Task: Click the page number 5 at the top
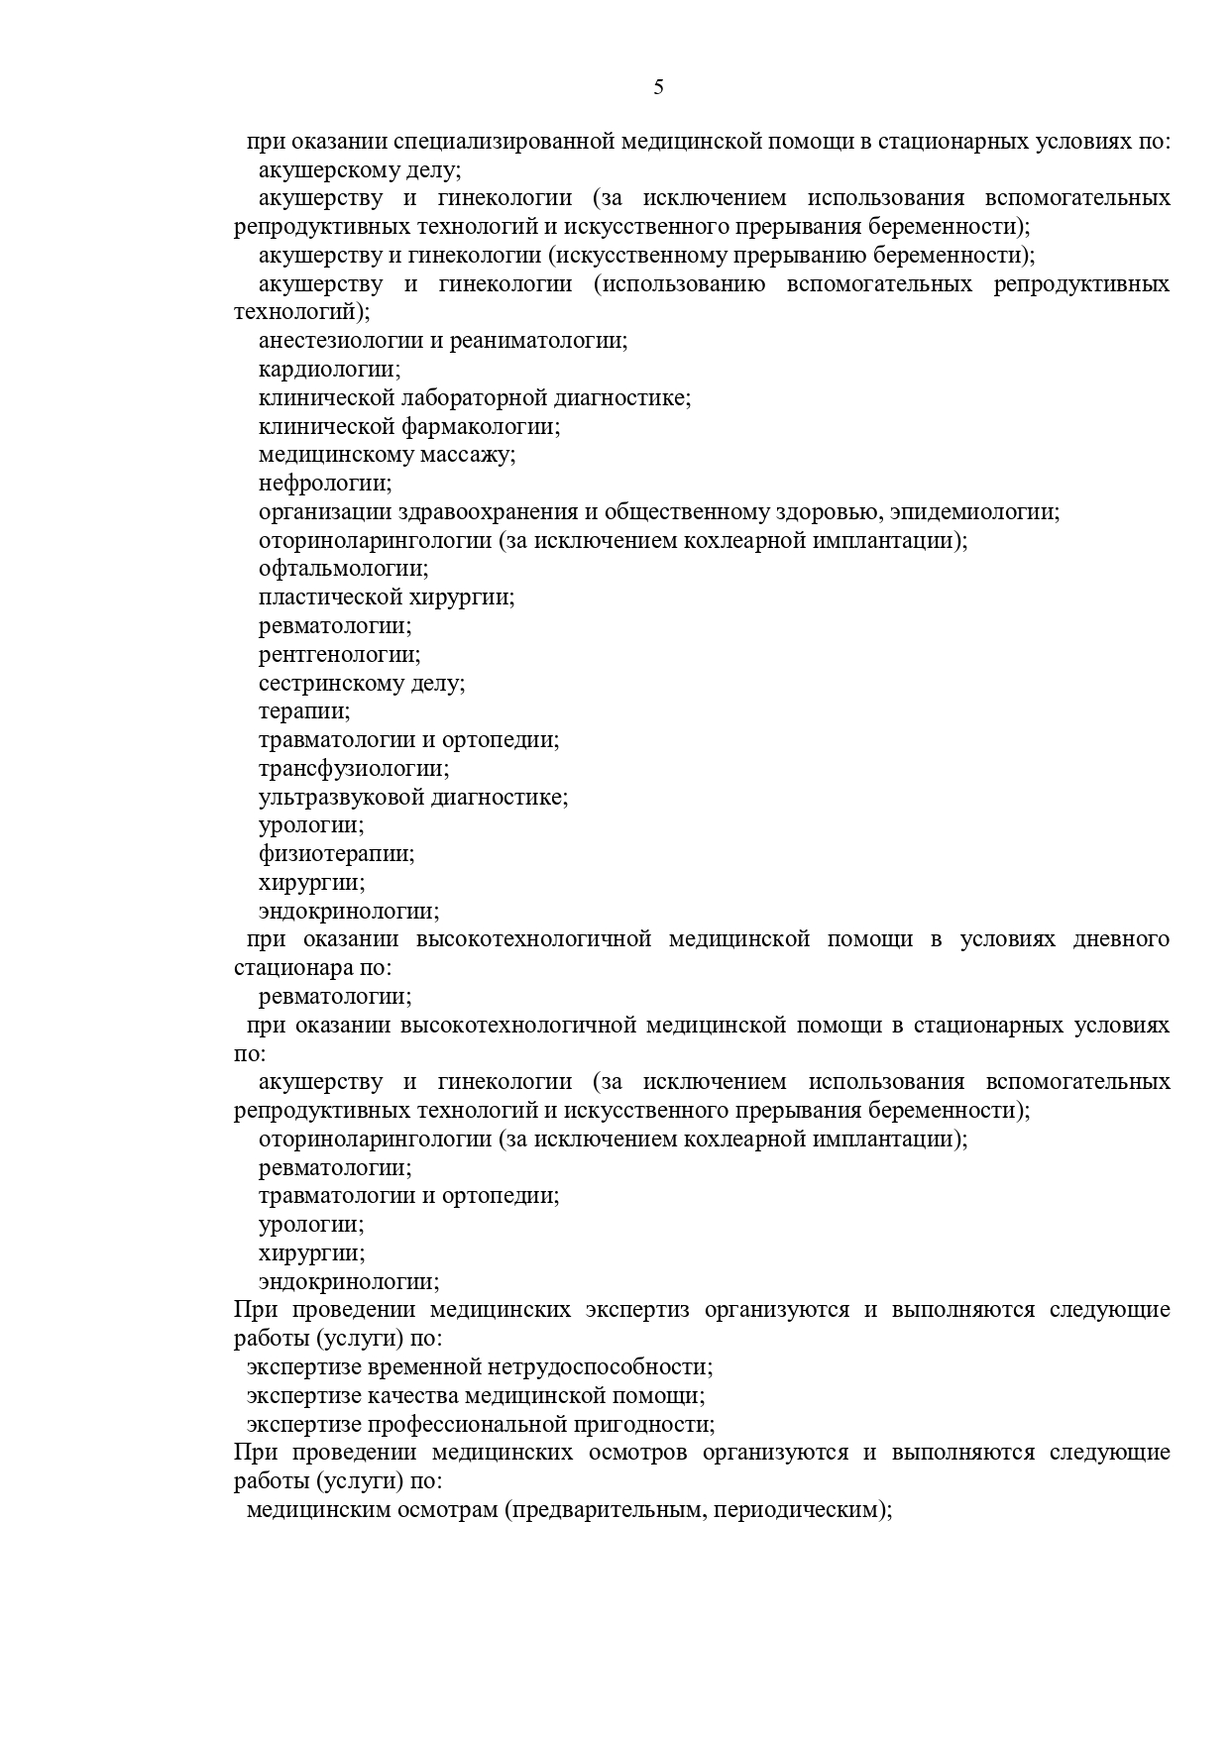[x=658, y=87]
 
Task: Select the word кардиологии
[x=328, y=370]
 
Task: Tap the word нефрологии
[x=324, y=484]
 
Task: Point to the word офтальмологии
[x=342, y=569]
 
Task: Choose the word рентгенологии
[x=338, y=654]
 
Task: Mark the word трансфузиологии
[x=353, y=768]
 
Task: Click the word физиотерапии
[x=335, y=853]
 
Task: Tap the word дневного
[x=1121, y=938]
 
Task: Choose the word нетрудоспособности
[x=599, y=1367]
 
